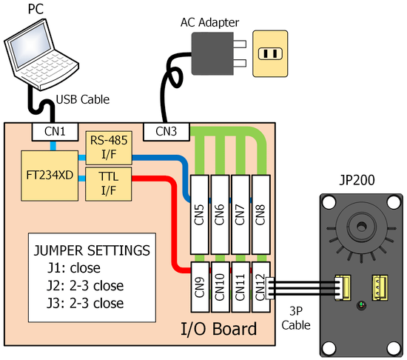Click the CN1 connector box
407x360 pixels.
tap(55, 132)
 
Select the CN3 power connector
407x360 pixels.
tap(166, 132)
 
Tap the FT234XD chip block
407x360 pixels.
tap(50, 176)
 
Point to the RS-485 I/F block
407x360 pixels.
tap(109, 147)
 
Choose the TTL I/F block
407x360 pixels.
tap(109, 184)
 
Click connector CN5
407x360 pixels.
tap(199, 215)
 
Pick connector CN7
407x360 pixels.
tap(240, 215)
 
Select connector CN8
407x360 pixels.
tap(261, 215)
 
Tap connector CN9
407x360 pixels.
tap(200, 287)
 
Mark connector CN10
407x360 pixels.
tap(220, 287)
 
